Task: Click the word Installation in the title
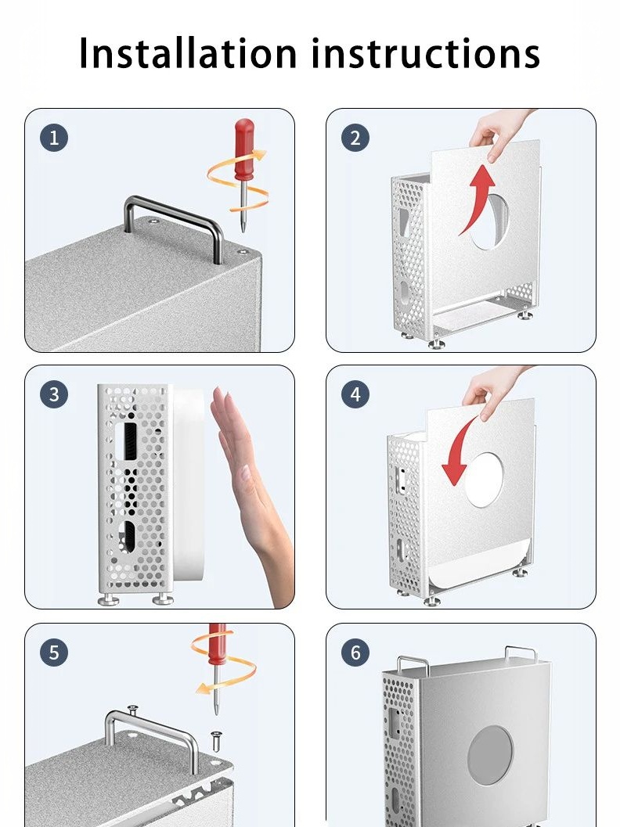pyautogui.click(x=189, y=53)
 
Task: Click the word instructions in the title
pyautogui.click(x=426, y=53)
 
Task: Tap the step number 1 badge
pyautogui.click(x=54, y=138)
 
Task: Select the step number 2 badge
pyautogui.click(x=355, y=138)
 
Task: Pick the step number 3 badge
pyautogui.click(x=54, y=394)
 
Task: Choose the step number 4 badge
pyautogui.click(x=355, y=394)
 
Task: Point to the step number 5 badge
pyautogui.click(x=54, y=653)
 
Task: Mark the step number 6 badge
pyautogui.click(x=355, y=653)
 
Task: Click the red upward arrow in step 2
pyautogui.click(x=478, y=198)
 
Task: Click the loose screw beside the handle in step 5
pyautogui.click(x=216, y=740)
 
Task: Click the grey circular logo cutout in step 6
pyautogui.click(x=490, y=754)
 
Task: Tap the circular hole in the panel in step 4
pyautogui.click(x=483, y=480)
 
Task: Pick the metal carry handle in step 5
pyautogui.click(x=152, y=734)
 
